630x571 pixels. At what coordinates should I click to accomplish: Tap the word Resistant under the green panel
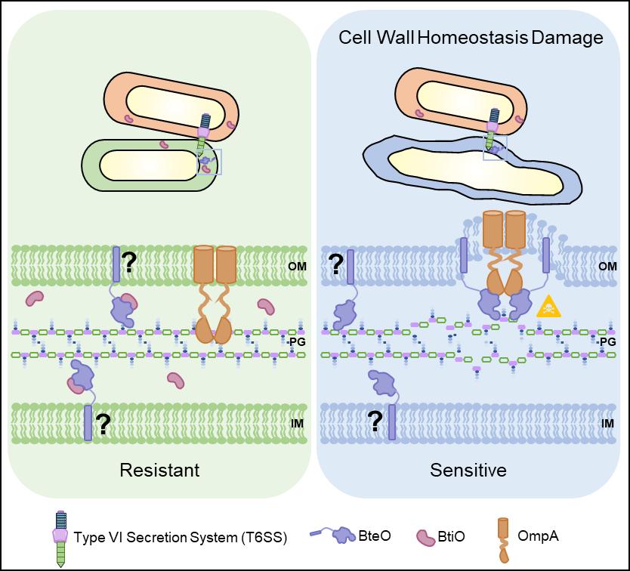tap(159, 470)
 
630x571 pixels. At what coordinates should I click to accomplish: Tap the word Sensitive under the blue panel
tap(468, 470)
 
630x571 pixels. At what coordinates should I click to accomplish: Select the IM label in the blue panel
tap(607, 424)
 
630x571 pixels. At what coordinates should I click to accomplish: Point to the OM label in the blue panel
tap(607, 266)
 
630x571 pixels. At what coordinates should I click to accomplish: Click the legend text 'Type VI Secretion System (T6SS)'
tap(181, 537)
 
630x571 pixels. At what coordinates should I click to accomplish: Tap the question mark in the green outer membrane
tap(129, 262)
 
